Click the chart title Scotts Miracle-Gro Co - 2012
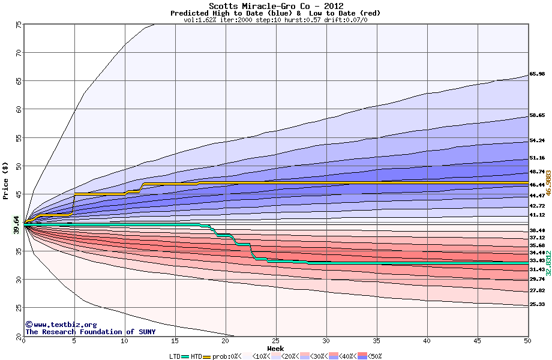(276, 6)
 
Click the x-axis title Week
(275, 348)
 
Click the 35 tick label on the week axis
(376, 341)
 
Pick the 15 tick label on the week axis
(175, 341)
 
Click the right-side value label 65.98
(537, 74)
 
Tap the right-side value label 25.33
(537, 305)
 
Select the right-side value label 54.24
(537, 141)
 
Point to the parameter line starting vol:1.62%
(275, 20)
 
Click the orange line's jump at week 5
(74, 203)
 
